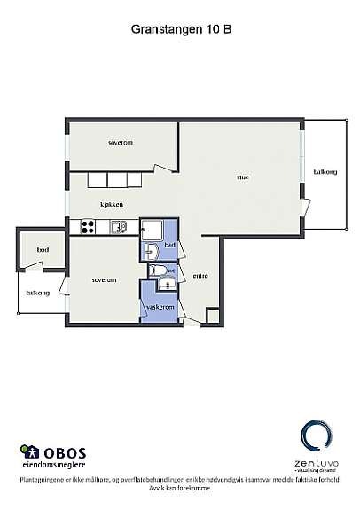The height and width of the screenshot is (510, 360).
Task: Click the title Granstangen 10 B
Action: tap(181, 28)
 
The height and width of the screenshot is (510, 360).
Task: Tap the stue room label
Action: tap(242, 177)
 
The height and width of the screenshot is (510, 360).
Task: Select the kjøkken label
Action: tap(112, 205)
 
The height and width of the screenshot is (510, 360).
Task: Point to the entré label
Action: tap(200, 277)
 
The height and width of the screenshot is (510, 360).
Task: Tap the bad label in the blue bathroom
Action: tap(169, 245)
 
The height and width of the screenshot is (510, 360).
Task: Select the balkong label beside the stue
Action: tap(325, 172)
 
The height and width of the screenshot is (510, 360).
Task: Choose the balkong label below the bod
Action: tap(37, 292)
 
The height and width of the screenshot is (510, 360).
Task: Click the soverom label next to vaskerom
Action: tap(104, 280)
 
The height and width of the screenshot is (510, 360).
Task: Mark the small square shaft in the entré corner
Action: tap(213, 315)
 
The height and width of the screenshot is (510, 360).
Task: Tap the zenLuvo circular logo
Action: tap(316, 439)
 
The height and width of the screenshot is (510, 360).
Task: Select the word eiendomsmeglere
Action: tap(55, 464)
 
